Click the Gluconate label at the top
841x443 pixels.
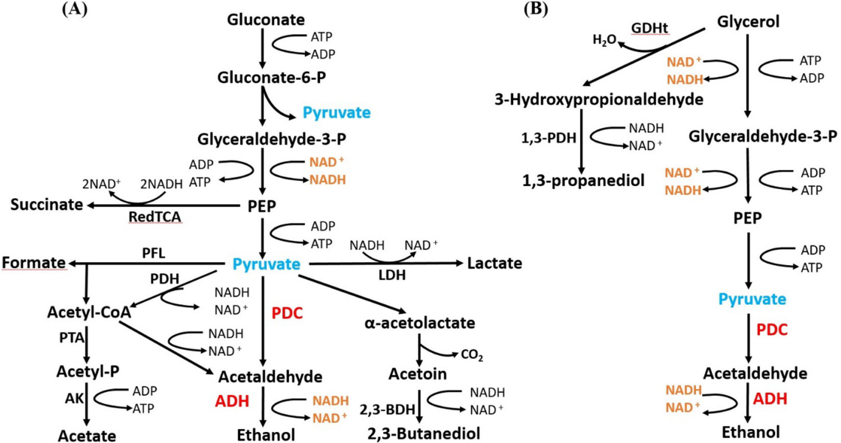pos(266,20)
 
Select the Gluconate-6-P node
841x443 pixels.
pos(267,77)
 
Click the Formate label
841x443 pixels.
pos(34,263)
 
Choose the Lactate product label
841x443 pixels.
pos(494,263)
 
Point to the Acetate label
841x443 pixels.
pos(86,434)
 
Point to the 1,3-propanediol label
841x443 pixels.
pos(584,180)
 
